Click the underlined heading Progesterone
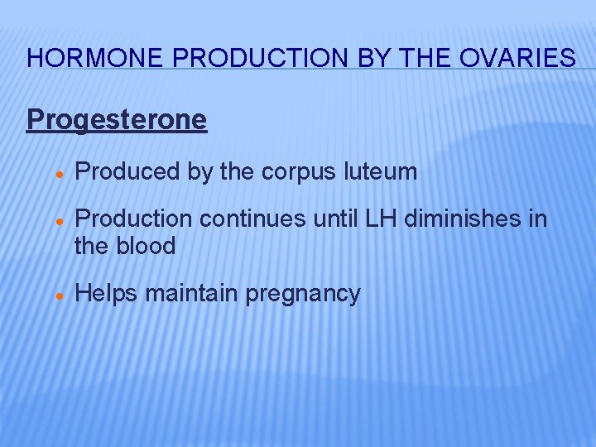117,120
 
